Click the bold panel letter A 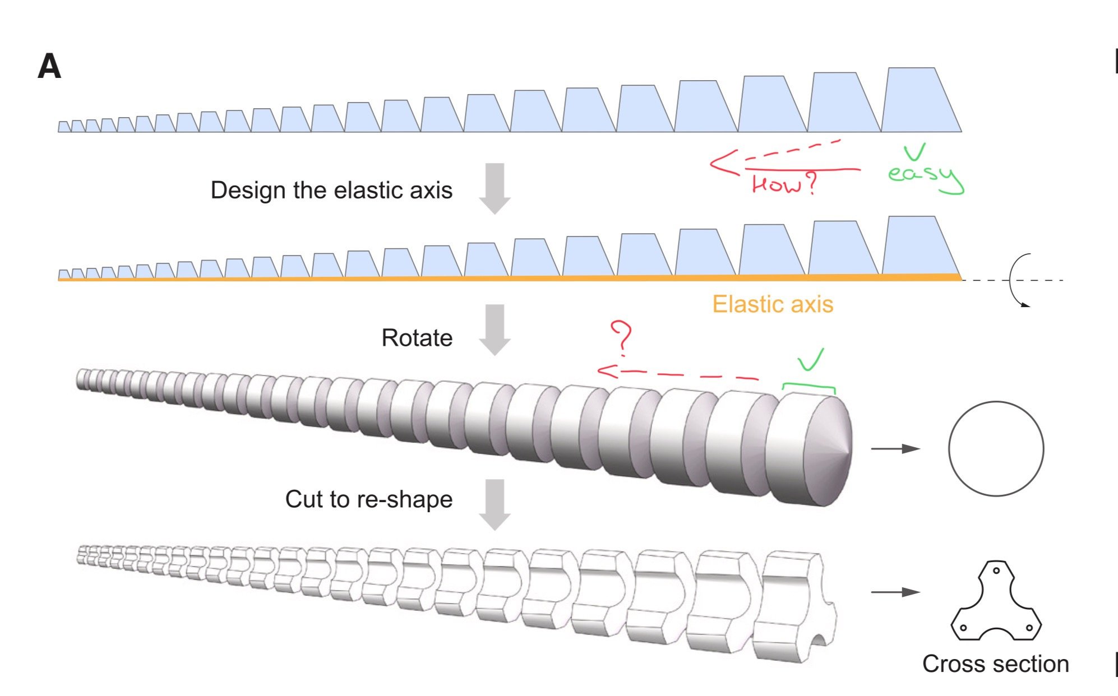tap(49, 67)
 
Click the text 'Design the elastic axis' tap(331, 191)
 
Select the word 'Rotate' tap(417, 338)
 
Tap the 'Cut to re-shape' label tap(368, 499)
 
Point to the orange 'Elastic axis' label tap(773, 304)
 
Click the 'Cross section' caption tap(995, 664)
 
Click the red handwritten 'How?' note tap(784, 184)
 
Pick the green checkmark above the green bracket tap(811, 359)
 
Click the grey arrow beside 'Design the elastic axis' tap(495, 188)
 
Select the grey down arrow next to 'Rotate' tap(495, 330)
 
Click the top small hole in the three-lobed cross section tap(996, 571)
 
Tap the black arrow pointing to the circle tap(895, 448)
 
